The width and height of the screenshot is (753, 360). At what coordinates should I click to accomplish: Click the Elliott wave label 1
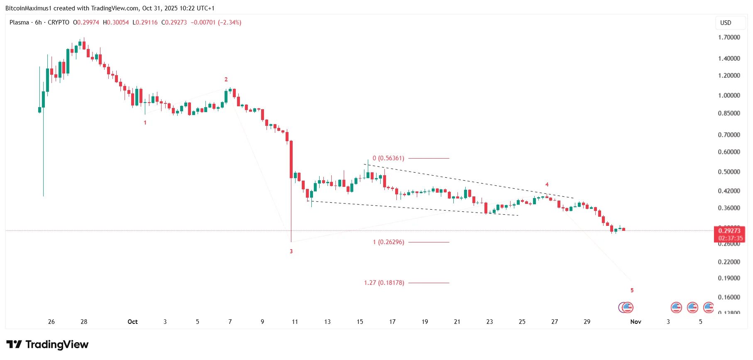[145, 122]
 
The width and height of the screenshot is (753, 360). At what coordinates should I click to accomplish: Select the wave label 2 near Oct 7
[226, 79]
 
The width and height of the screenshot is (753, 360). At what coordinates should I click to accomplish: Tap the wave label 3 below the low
[291, 251]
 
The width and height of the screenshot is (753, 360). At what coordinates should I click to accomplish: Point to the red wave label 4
[547, 184]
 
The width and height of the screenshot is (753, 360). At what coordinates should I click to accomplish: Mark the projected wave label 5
[632, 290]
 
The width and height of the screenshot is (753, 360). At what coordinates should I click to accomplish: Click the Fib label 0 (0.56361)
[388, 158]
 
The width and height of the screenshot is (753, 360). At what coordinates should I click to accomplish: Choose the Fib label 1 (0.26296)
[388, 242]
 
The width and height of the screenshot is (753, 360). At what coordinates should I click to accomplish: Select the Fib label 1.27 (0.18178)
[384, 283]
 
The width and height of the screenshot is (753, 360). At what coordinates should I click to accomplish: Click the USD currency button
[726, 23]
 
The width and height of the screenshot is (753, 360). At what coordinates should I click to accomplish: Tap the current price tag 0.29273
[729, 231]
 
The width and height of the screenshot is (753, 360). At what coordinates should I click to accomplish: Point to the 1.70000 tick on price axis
[729, 37]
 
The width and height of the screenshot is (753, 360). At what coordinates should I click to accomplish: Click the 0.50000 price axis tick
[729, 172]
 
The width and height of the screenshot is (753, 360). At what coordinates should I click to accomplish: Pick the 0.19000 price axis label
[729, 278]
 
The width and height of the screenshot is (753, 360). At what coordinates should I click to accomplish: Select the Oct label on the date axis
[132, 322]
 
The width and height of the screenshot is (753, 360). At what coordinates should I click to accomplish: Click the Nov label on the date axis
[636, 322]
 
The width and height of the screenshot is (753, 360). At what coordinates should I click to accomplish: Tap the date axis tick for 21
[457, 322]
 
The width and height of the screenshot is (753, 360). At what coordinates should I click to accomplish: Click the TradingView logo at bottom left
[47, 345]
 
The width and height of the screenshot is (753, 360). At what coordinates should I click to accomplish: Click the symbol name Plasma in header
[19, 22]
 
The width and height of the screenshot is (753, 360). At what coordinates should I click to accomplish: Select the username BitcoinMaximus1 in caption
[28, 8]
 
